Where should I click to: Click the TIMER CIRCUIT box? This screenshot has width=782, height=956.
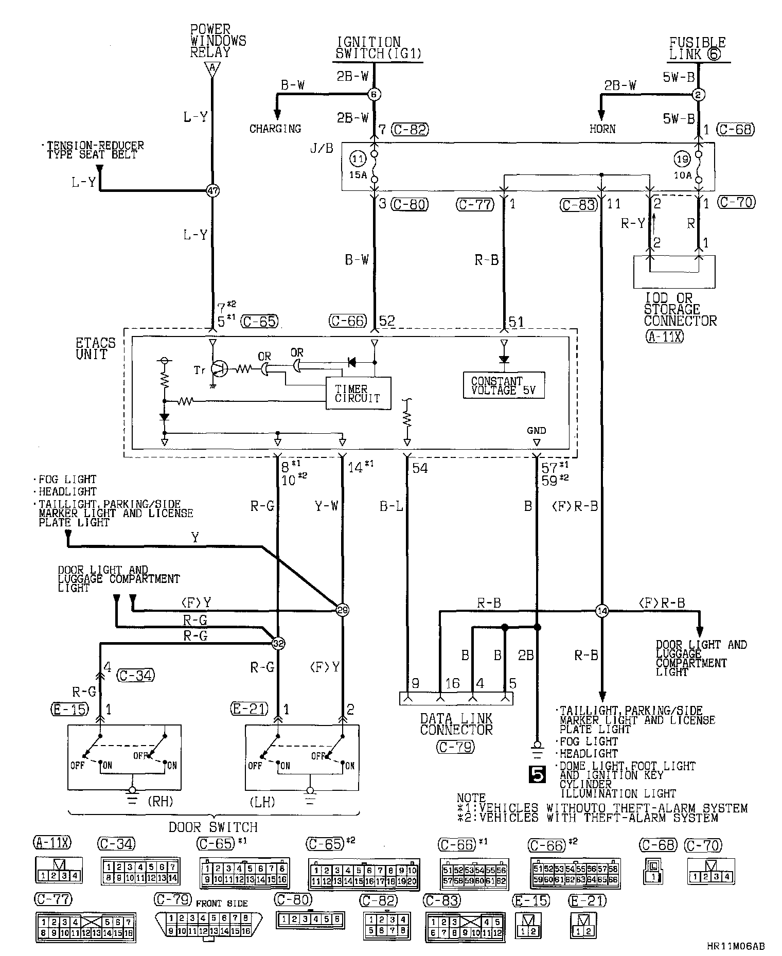(359, 394)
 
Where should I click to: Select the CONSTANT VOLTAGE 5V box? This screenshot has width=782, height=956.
(504, 385)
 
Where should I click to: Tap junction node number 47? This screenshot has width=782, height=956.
(212, 191)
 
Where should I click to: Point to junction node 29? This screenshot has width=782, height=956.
(342, 610)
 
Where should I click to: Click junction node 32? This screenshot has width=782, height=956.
(278, 643)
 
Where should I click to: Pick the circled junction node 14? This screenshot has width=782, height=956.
(601, 611)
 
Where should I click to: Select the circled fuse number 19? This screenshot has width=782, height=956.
(682, 160)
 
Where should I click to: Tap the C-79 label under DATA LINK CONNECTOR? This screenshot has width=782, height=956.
(456, 746)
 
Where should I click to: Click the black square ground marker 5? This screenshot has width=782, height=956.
(537, 775)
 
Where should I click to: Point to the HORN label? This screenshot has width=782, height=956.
(602, 129)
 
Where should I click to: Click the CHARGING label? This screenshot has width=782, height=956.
(275, 129)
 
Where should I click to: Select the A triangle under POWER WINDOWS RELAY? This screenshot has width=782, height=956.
(211, 67)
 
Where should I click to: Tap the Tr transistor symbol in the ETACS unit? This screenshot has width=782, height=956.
(220, 368)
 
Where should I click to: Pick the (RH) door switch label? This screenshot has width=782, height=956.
(160, 801)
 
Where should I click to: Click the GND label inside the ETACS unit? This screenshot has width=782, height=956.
(537, 430)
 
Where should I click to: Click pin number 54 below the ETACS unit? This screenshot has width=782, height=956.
(420, 468)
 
